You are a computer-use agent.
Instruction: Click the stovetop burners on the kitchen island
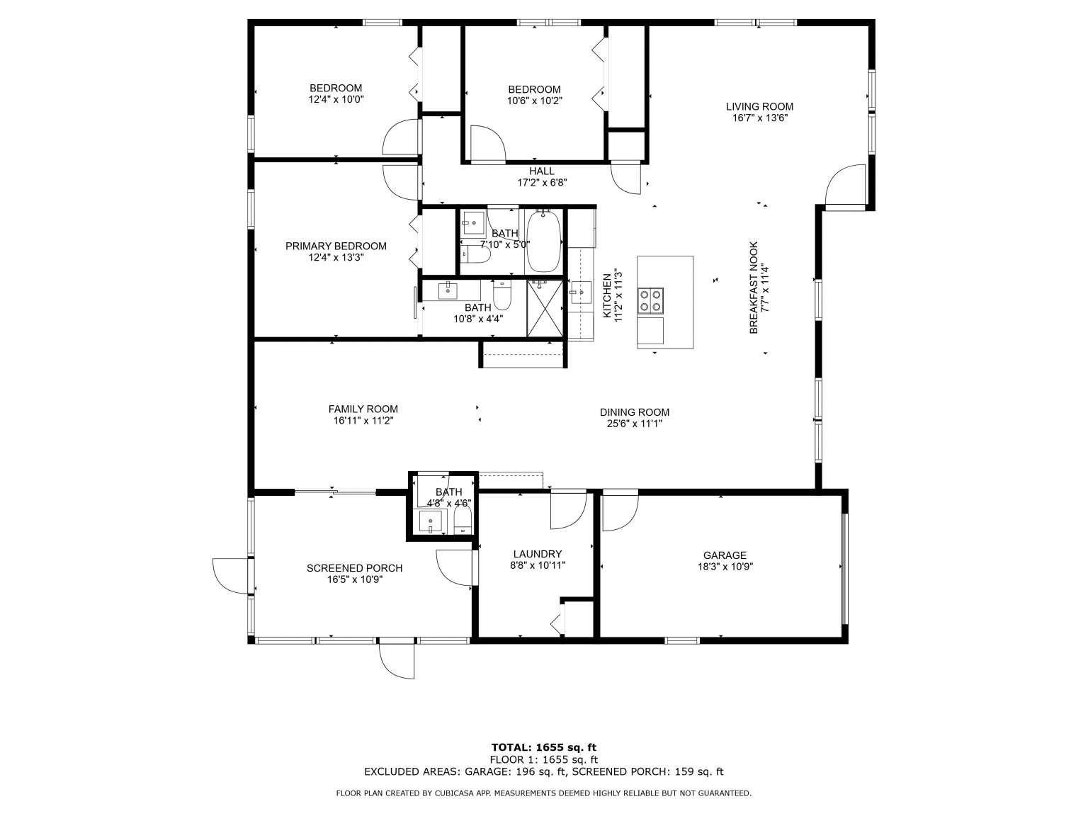(x=651, y=300)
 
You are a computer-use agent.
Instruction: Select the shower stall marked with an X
(x=545, y=307)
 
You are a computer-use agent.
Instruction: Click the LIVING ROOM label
(x=759, y=106)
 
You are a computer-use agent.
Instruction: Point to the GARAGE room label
(x=724, y=555)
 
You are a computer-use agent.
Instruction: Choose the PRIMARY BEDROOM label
(x=336, y=246)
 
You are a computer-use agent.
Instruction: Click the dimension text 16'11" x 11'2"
(x=363, y=421)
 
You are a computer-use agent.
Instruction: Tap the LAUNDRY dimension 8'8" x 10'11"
(x=538, y=565)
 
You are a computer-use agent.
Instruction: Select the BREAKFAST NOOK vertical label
(x=754, y=288)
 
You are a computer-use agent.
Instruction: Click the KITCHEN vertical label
(x=606, y=296)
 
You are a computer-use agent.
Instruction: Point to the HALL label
(x=541, y=171)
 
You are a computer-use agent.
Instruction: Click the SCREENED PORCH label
(x=354, y=568)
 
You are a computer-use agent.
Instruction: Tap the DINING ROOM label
(x=635, y=412)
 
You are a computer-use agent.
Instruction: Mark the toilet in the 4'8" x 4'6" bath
(x=463, y=523)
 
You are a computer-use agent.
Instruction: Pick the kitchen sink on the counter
(x=580, y=293)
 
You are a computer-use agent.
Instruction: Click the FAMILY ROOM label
(x=363, y=409)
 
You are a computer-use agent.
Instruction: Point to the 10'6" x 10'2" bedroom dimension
(x=534, y=101)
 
